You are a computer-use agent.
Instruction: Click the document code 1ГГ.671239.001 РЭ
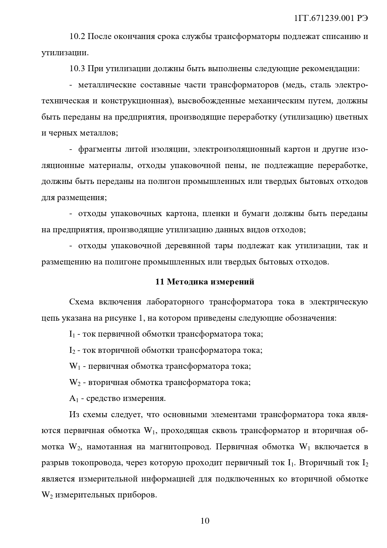coord(331,18)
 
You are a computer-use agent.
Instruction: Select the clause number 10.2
coord(77,37)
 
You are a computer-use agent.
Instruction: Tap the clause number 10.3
coord(77,69)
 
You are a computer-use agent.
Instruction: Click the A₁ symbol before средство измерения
coord(73,399)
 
